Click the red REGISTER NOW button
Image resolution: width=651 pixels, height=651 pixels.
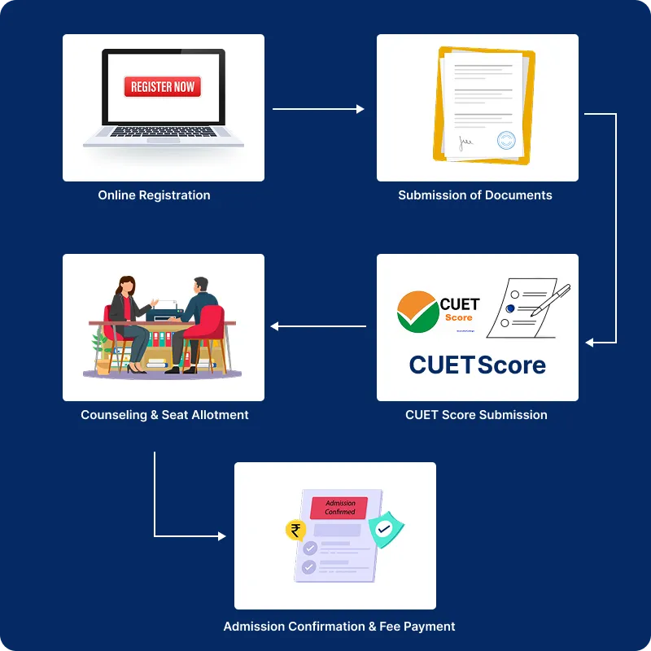(162, 86)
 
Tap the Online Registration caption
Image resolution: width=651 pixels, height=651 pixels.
(154, 195)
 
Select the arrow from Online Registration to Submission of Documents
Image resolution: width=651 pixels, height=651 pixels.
(317, 108)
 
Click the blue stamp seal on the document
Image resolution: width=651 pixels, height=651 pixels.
(506, 140)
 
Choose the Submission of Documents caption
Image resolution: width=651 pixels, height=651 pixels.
(475, 195)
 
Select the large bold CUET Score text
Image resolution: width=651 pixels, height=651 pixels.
(477, 365)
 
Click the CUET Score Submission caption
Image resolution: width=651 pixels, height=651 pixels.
(476, 415)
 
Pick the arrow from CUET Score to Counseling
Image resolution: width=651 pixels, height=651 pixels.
(318, 326)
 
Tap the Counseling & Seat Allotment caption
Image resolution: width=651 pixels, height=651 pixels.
(164, 415)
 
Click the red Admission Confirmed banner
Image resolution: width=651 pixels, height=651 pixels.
(339, 508)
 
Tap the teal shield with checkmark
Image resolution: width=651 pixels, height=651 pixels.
(385, 529)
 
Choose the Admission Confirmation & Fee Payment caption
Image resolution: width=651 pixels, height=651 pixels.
(339, 627)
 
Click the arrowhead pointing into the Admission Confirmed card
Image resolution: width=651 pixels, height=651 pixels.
(221, 536)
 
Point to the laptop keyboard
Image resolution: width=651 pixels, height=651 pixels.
(163, 132)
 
